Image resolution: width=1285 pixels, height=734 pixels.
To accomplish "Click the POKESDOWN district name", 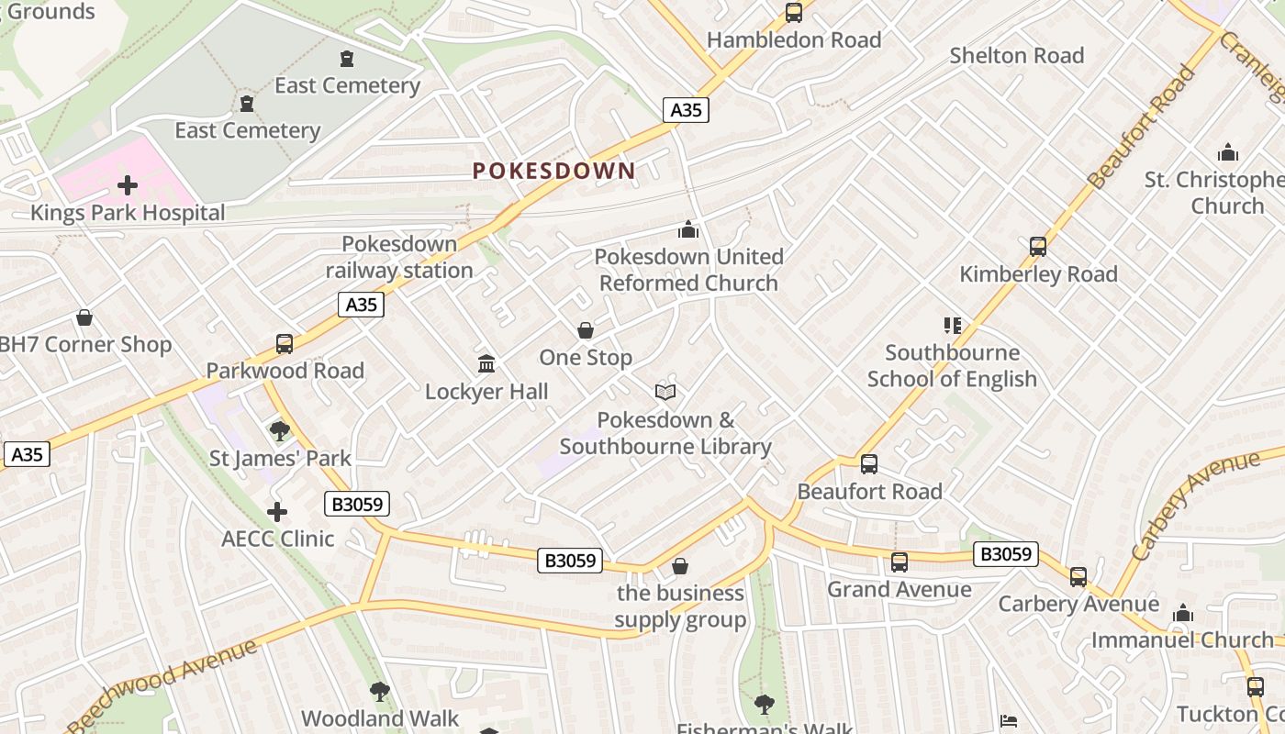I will [553, 171].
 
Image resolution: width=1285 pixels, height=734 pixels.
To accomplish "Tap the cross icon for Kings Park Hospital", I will [128, 186].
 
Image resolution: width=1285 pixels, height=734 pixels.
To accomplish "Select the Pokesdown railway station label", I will [399, 257].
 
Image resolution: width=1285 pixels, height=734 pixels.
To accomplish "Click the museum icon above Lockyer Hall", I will [486, 364].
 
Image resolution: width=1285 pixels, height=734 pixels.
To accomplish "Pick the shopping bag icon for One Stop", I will [586, 330].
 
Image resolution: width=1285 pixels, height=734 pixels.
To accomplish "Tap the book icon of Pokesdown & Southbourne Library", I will [665, 393].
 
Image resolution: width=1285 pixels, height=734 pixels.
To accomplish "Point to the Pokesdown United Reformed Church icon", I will [688, 229].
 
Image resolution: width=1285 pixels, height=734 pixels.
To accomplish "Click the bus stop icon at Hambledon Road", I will [794, 13].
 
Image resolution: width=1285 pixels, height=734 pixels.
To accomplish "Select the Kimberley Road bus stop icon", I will [1038, 247].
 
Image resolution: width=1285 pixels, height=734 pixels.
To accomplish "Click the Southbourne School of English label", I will [952, 365].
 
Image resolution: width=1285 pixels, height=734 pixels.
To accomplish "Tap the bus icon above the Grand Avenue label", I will [899, 562].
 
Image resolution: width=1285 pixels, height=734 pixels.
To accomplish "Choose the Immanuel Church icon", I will [1183, 613].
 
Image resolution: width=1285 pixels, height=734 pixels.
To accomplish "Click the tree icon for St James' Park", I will [280, 430].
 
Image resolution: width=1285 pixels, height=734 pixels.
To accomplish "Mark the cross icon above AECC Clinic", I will [277, 512].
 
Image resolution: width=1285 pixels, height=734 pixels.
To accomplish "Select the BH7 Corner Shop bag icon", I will [84, 318].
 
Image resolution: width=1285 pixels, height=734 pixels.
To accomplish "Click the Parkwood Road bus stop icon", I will [285, 344].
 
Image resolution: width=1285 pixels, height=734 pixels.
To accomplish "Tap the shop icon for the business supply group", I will [680, 566].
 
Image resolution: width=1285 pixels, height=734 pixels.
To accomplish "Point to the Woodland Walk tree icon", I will [379, 692].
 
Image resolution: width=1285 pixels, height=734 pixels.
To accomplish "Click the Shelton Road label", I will [1017, 56].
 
